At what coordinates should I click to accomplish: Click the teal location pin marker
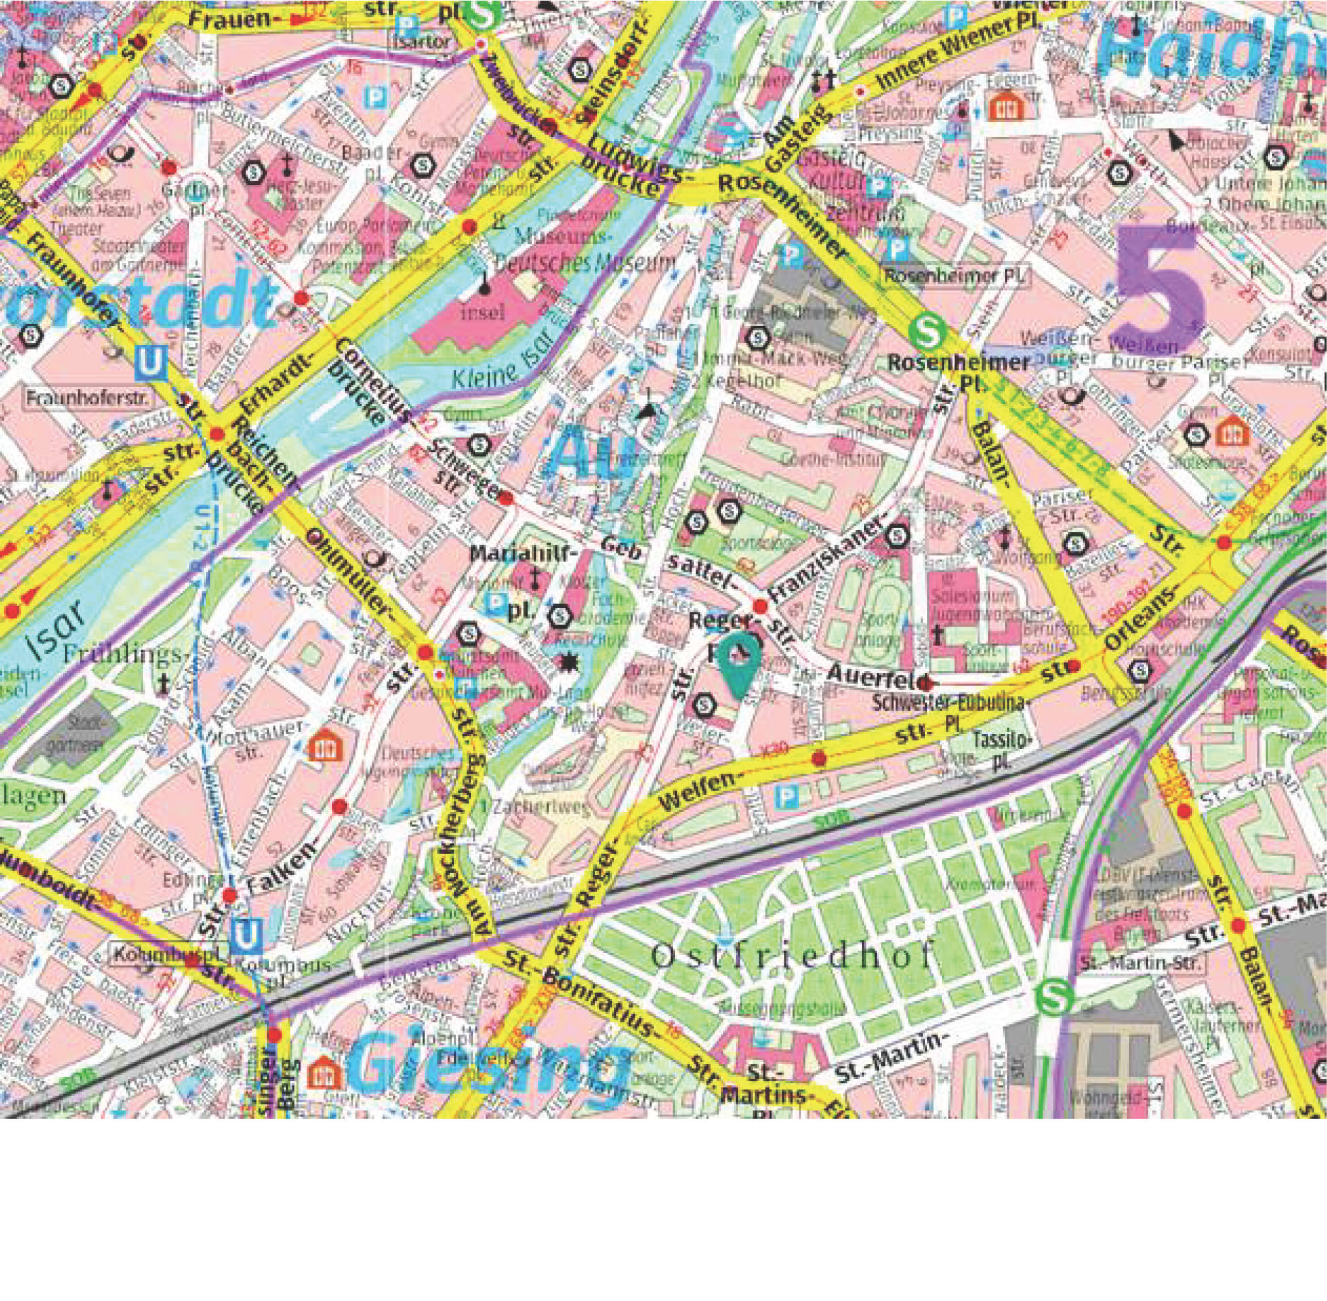(740, 661)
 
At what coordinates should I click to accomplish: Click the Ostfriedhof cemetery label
(791, 957)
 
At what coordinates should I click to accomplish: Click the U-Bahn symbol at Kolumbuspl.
(244, 935)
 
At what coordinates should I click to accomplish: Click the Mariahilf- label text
(519, 556)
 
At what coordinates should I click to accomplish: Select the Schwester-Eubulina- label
(951, 702)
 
